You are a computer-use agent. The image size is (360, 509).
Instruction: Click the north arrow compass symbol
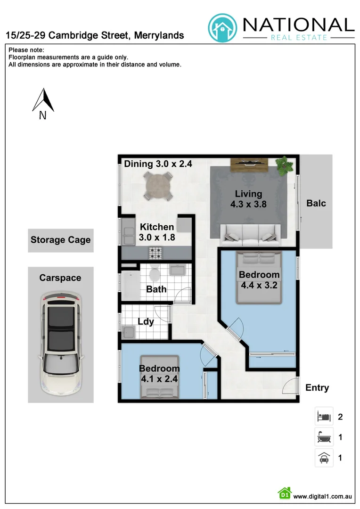coord(43,101)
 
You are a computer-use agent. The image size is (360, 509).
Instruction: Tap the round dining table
coord(158,185)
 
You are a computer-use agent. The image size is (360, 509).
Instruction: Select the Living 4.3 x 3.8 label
coord(248,198)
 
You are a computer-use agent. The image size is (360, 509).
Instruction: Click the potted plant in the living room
coord(284,165)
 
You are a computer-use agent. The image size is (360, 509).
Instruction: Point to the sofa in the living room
coord(250,231)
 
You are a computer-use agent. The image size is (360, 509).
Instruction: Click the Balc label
coord(316,204)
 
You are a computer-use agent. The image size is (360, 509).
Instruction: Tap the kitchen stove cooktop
coord(156,253)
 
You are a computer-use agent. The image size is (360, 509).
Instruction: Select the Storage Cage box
coord(60,240)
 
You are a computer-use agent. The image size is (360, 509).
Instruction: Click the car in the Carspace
coord(60,344)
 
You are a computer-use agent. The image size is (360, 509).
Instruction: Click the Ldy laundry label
coord(146,322)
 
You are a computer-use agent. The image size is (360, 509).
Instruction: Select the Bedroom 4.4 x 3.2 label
coord(259,279)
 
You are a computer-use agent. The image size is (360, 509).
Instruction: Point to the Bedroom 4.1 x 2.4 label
coord(159,373)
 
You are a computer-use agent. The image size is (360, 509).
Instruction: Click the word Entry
coord(317,388)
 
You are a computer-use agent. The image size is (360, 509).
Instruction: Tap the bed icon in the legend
coord(324,417)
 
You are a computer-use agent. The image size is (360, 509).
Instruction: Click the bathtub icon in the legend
coord(324,437)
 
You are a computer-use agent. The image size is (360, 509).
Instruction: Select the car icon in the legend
coord(324,458)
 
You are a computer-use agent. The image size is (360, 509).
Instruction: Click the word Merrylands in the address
coord(159,36)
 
